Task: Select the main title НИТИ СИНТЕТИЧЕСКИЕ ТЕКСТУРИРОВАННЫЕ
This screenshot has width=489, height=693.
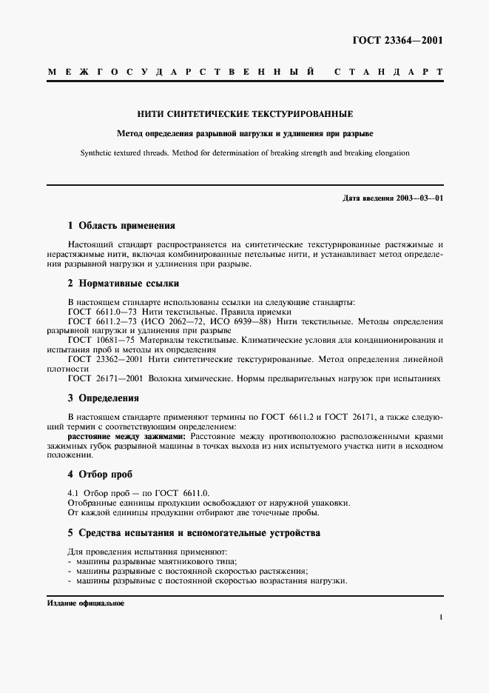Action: pos(245,114)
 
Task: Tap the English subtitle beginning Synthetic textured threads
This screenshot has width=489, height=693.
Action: pos(245,153)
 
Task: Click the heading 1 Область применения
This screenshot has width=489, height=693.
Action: pos(121,225)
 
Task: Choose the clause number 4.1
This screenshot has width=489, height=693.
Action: pos(72,492)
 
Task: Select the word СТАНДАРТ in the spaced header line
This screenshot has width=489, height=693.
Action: pos(388,72)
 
